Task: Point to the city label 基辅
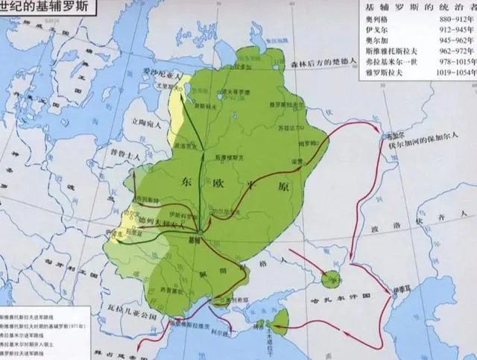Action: click(195, 241)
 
